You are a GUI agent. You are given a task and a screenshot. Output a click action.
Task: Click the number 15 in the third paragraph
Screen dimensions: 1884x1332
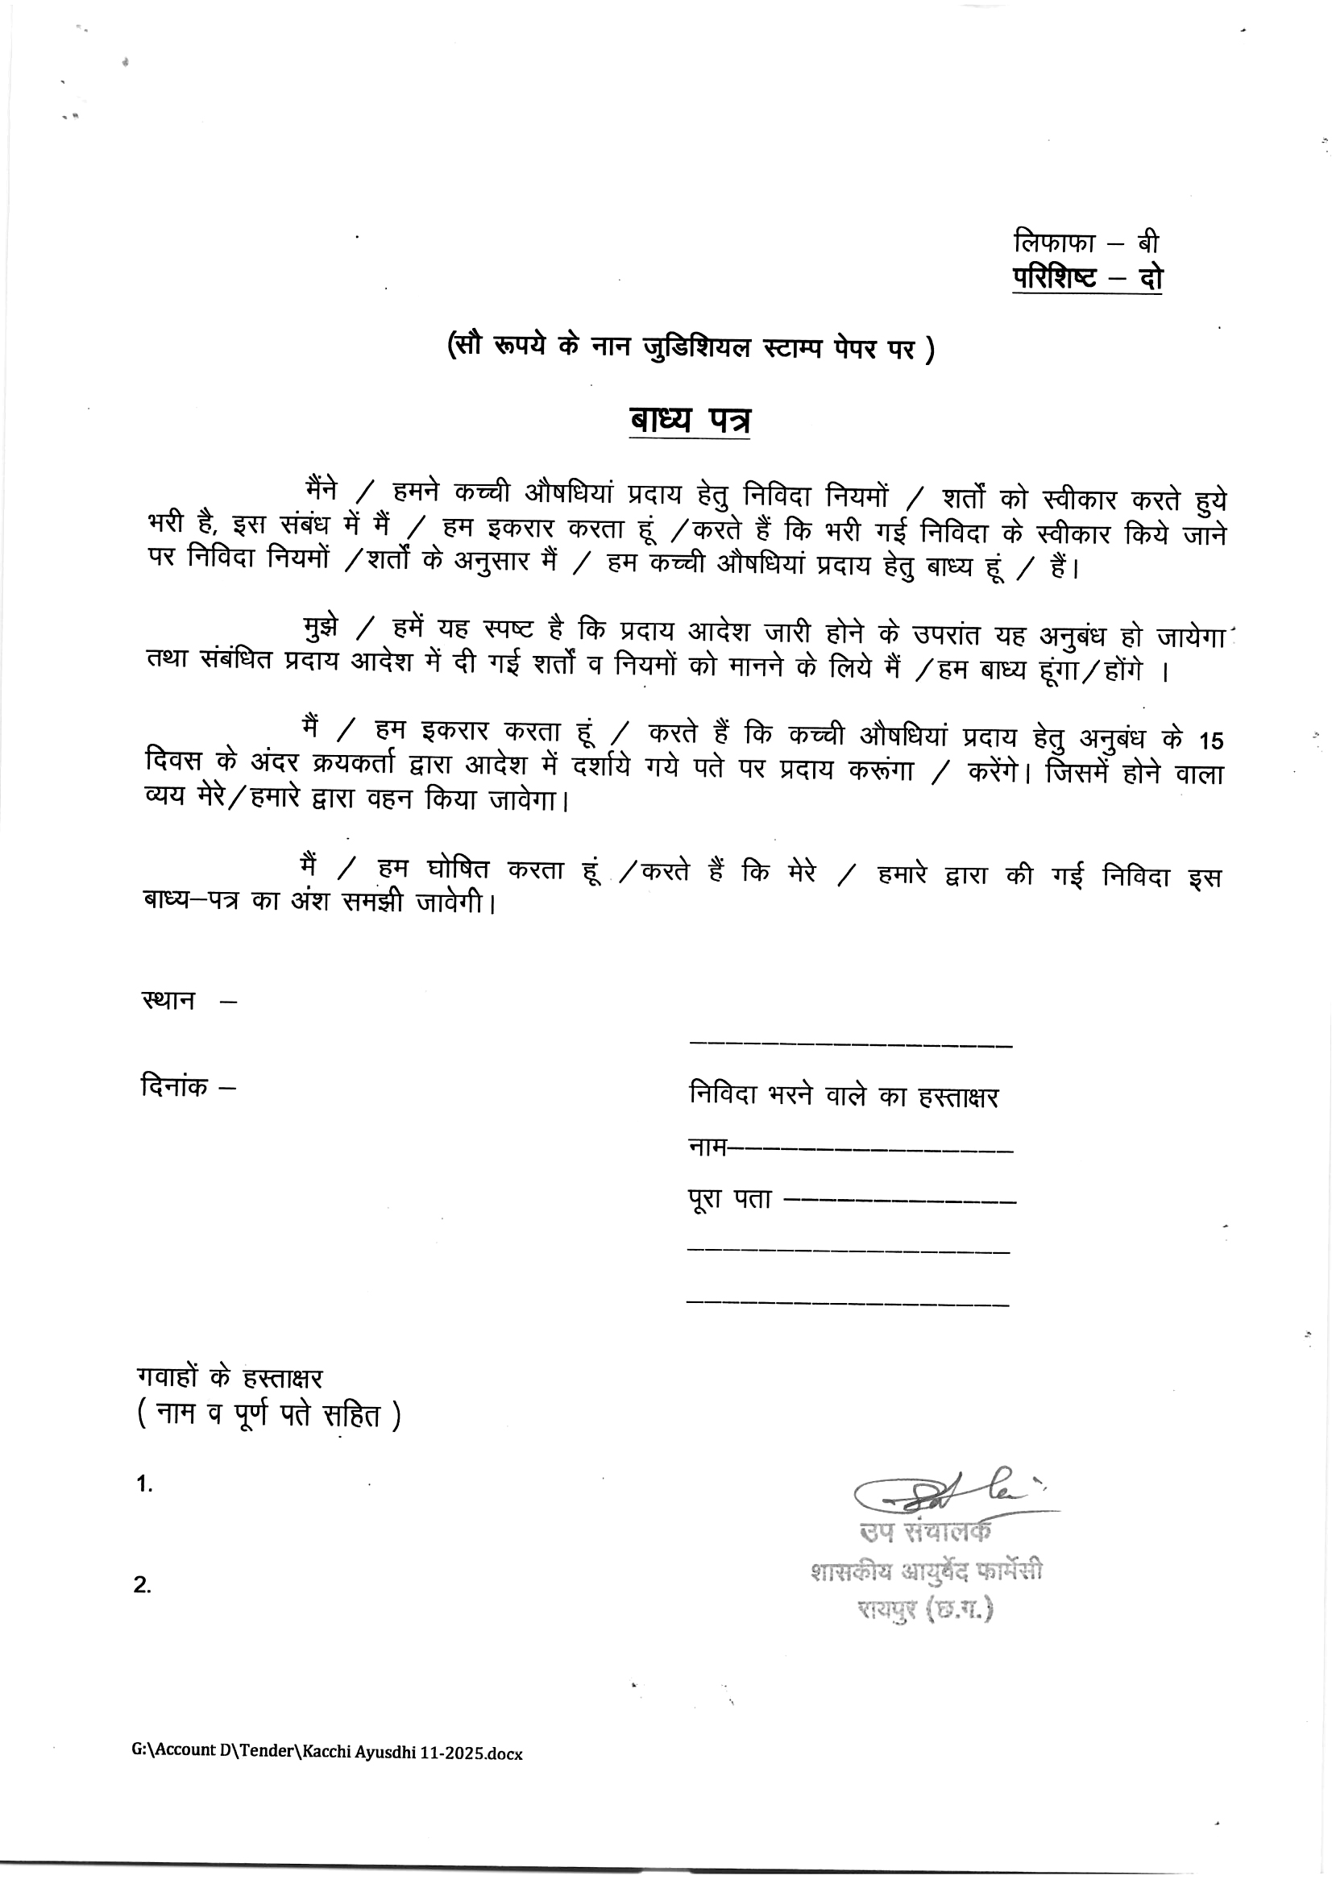point(1210,741)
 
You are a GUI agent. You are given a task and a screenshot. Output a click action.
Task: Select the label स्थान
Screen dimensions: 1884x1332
point(169,1000)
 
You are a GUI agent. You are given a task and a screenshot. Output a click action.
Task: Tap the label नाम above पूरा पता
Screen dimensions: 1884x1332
point(707,1147)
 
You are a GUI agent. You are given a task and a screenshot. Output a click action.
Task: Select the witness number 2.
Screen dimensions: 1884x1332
point(143,1584)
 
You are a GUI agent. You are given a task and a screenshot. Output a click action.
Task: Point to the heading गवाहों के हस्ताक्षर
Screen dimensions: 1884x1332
point(230,1377)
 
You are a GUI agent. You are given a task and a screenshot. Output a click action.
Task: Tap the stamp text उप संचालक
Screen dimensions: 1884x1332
point(925,1531)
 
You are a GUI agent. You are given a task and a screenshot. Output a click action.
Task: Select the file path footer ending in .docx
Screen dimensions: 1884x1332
point(326,1753)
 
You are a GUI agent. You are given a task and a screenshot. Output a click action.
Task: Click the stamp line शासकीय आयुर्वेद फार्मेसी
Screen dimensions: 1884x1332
point(926,1571)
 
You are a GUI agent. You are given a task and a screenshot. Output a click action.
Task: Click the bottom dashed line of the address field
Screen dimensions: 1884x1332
point(847,1304)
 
